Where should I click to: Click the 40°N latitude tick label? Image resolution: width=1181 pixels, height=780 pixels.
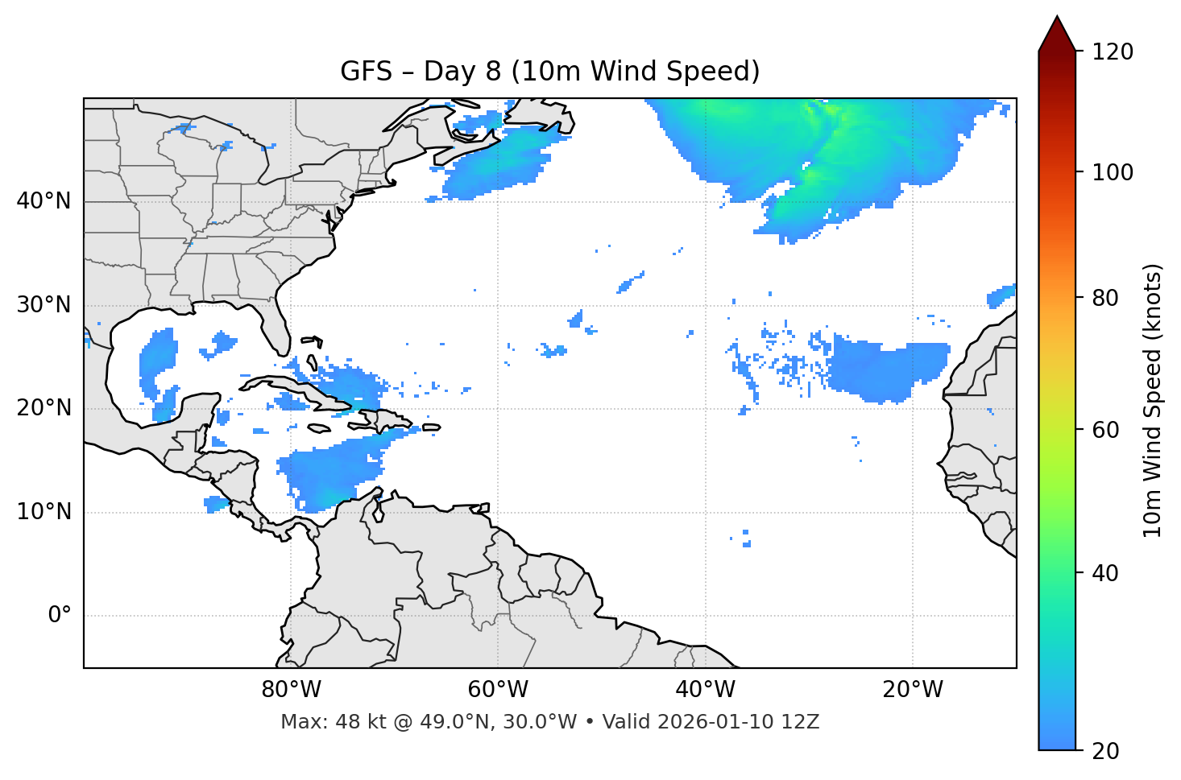tap(44, 201)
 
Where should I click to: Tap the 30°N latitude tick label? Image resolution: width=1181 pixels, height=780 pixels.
tap(44, 305)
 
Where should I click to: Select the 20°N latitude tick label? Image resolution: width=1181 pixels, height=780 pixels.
tap(44, 408)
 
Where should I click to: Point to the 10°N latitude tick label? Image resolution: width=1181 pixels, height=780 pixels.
tap(44, 512)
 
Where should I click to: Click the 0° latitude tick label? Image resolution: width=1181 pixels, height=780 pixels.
tap(60, 616)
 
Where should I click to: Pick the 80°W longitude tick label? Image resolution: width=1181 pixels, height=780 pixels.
tap(291, 690)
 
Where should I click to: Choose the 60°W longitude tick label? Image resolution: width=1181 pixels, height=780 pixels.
tap(498, 690)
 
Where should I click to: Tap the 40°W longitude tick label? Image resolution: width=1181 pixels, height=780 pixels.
tap(705, 690)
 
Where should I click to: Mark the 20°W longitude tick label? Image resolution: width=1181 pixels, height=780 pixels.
tap(912, 690)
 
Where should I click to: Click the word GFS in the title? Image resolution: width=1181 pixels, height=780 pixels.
tap(366, 72)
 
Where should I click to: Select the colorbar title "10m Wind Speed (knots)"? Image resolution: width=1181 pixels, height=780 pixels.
tap(1153, 401)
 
